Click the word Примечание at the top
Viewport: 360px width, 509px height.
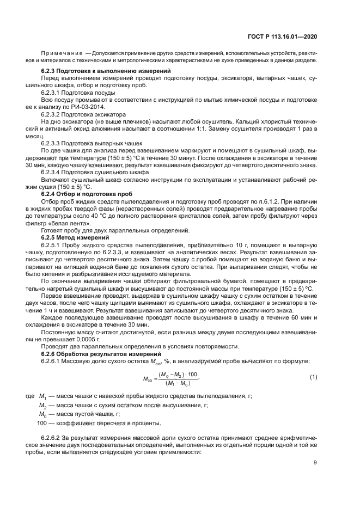pyautogui.click(x=62, y=53)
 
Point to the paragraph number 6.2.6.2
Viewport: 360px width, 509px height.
pyautogui.click(x=53, y=438)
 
